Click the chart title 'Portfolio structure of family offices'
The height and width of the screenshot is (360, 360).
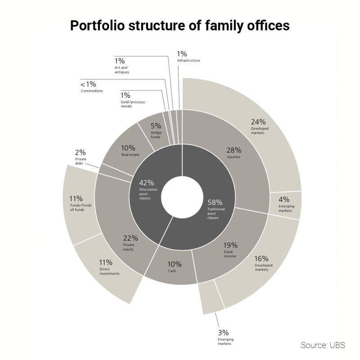(x=180, y=26)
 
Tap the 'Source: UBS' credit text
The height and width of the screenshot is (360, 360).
(x=323, y=345)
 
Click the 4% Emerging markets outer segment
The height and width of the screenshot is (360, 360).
(x=285, y=205)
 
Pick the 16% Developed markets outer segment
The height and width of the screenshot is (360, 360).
(x=261, y=265)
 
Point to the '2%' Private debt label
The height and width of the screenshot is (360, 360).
(x=81, y=153)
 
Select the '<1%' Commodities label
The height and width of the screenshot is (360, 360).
(x=88, y=84)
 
